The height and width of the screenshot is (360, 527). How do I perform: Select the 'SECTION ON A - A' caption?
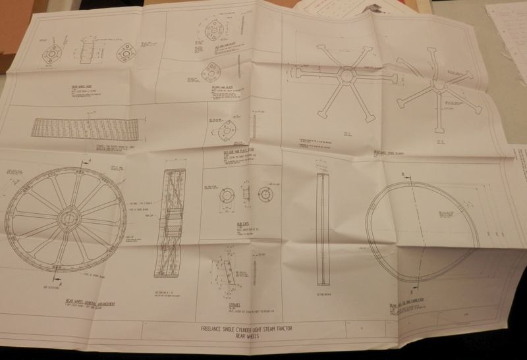click(x=169, y=286)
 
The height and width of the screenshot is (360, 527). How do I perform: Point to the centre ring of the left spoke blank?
click(x=346, y=76)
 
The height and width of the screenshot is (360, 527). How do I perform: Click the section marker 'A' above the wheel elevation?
click(x=88, y=160)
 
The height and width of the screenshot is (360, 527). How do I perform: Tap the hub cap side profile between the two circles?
click(x=245, y=194)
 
